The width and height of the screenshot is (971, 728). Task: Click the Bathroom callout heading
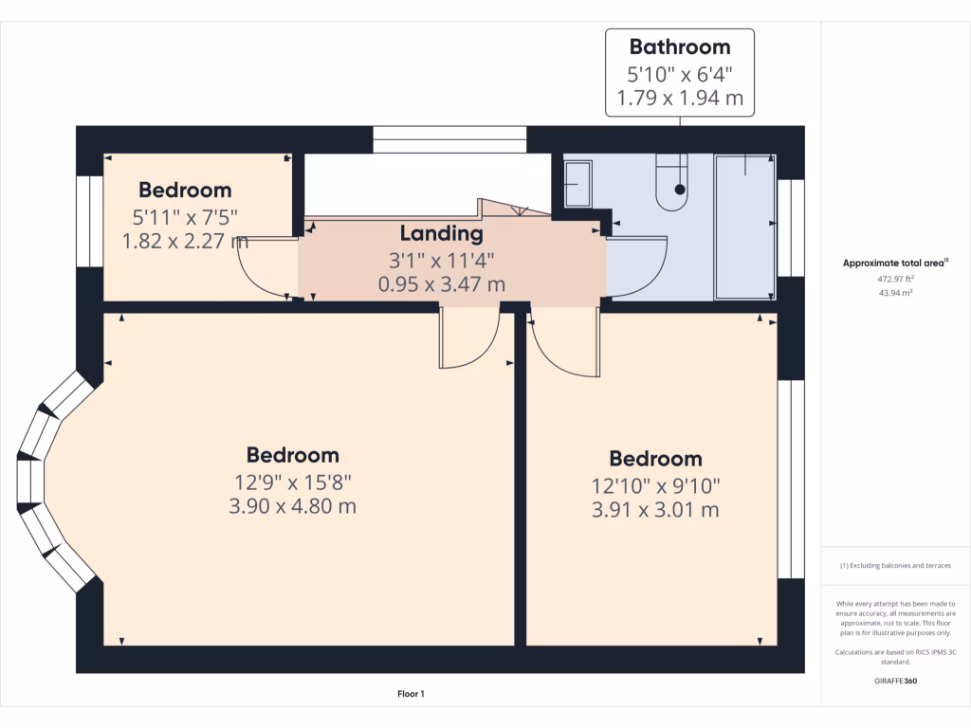click(x=680, y=46)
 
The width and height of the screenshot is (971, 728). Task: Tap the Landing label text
click(x=441, y=233)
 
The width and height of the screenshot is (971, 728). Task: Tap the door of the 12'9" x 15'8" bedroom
click(x=469, y=338)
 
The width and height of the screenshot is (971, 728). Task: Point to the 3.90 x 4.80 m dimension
click(x=292, y=506)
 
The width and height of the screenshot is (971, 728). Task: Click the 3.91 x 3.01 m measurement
click(x=655, y=510)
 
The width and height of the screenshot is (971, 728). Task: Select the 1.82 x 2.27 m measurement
click(x=185, y=241)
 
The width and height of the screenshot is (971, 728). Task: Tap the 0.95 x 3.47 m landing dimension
click(x=441, y=283)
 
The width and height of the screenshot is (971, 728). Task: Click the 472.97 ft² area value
click(x=895, y=280)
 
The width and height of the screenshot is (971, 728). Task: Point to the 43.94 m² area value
click(x=895, y=293)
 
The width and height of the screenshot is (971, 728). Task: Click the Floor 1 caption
click(x=411, y=694)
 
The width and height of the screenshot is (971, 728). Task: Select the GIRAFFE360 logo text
click(x=895, y=681)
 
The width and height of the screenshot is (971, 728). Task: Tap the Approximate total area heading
click(x=894, y=264)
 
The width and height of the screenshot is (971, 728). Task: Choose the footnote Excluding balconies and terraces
click(x=895, y=566)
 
